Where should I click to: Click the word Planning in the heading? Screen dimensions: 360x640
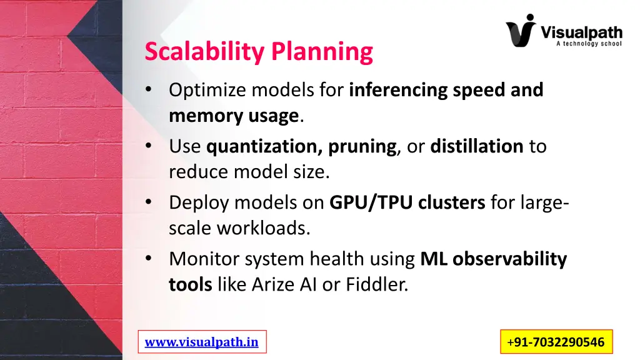[322, 52]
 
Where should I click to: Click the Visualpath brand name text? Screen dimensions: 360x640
[581, 31]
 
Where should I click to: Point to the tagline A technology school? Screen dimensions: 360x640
[588, 44]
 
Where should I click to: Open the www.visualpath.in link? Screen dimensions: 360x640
[201, 342]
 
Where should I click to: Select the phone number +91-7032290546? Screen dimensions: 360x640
[556, 342]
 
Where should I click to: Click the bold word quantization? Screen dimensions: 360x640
[262, 147]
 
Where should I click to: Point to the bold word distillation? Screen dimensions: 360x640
[476, 147]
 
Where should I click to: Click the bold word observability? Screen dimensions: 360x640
[509, 259]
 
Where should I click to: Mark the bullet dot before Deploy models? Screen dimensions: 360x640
[148, 202]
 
